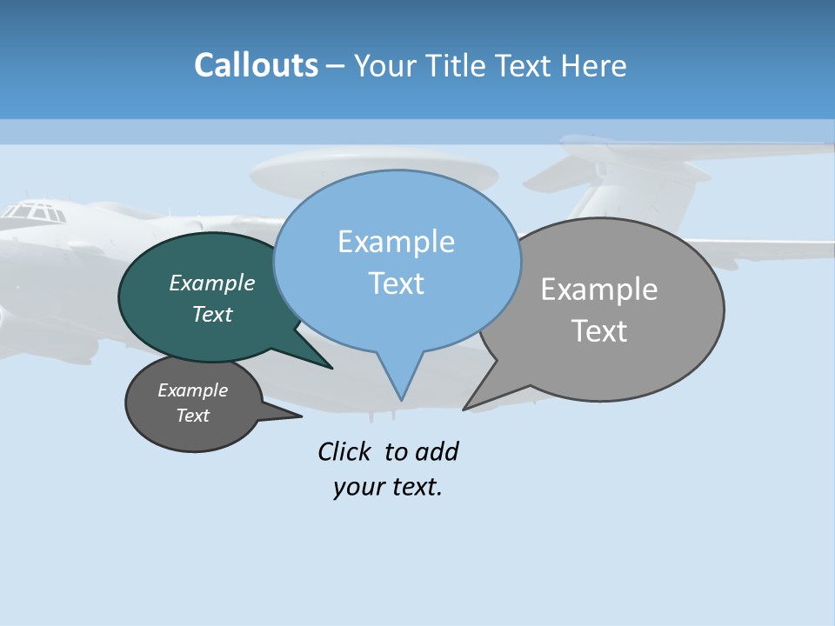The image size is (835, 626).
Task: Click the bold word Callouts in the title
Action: point(256,65)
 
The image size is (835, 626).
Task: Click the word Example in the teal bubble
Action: point(212,283)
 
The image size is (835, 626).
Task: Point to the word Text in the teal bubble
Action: point(212,314)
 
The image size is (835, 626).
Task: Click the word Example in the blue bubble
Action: point(396,242)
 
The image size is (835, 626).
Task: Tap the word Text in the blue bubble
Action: point(396,283)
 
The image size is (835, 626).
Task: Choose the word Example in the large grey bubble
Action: point(599,290)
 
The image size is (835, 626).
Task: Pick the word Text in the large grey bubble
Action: point(599,331)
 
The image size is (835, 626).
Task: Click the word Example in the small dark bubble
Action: point(193,390)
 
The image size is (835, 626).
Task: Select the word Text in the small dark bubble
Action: point(193,416)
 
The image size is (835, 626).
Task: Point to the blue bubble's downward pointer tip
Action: point(401,399)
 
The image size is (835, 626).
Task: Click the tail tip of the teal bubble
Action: point(331,368)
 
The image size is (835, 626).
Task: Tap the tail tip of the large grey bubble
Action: point(464,409)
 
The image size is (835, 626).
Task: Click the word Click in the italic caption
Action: point(344,452)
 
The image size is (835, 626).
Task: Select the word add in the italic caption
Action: point(437,452)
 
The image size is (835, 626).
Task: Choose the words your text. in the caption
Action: point(388,487)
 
